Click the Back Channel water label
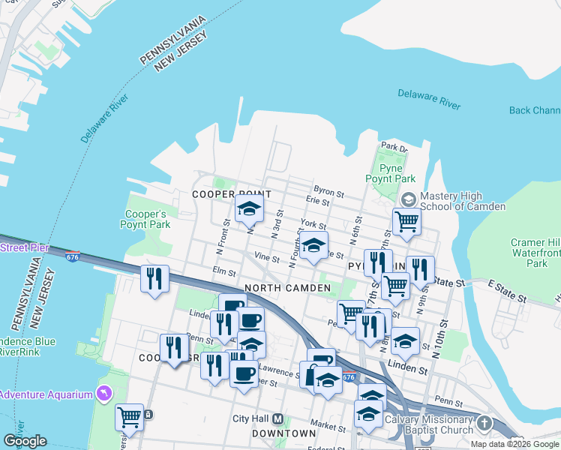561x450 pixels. click(x=534, y=110)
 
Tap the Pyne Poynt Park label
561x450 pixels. click(x=390, y=174)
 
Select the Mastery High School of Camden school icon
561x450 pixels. click(x=408, y=199)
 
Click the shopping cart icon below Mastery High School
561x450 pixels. click(x=406, y=221)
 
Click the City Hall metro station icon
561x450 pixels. click(x=278, y=418)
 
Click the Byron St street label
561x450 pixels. click(x=328, y=193)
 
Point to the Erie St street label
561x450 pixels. click(x=318, y=201)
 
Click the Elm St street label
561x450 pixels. click(x=224, y=271)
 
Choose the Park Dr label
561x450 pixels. click(x=393, y=147)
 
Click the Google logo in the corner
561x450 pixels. click(x=25, y=441)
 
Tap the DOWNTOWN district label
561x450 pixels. click(x=283, y=433)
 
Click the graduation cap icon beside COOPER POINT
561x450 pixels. click(x=250, y=209)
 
